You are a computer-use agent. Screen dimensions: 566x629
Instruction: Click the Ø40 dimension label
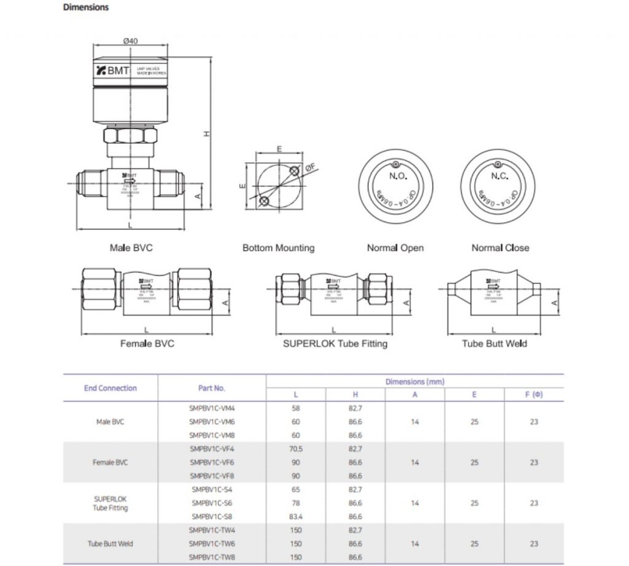[x=130, y=41]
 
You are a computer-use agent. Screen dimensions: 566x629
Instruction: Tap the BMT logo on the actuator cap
[x=114, y=71]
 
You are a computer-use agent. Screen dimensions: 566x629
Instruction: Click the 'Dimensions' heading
[x=86, y=8]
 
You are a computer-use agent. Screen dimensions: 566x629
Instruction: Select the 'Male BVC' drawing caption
[x=131, y=248]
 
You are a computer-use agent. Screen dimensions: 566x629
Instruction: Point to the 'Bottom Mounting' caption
[x=278, y=248]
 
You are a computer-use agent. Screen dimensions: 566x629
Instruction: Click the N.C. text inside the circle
[x=499, y=176]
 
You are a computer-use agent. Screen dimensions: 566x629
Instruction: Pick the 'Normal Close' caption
[x=500, y=248]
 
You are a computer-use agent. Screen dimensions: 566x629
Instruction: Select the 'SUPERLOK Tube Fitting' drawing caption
[x=335, y=344]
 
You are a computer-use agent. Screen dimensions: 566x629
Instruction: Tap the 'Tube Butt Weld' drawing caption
[x=494, y=344]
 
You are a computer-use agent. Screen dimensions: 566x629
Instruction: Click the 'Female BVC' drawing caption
[x=147, y=344]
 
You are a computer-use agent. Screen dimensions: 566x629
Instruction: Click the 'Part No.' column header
[x=211, y=388]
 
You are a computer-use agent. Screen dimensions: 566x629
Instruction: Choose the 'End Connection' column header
[x=111, y=388]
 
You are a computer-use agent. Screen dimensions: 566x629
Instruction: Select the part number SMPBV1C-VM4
[x=211, y=407]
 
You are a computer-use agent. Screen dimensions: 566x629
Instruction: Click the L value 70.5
[x=295, y=449]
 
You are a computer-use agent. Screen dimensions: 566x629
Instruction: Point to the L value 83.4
[x=295, y=517]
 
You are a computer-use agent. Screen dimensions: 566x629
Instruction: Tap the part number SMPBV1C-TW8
[x=211, y=557]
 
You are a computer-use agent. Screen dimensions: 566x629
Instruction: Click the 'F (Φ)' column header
[x=534, y=395]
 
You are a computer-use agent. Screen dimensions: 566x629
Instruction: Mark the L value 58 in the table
[x=295, y=407]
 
